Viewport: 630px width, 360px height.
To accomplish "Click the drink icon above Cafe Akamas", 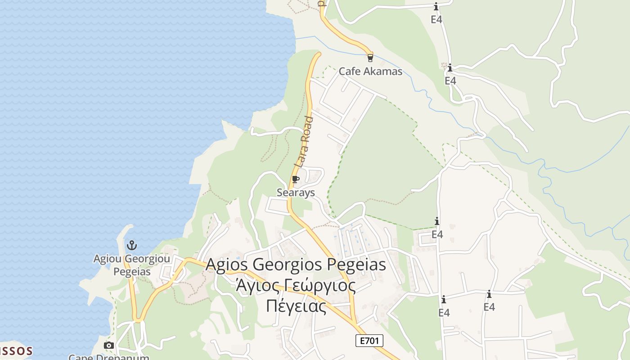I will (370, 58).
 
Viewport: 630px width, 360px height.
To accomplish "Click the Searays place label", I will (296, 193).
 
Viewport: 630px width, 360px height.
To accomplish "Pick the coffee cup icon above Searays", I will (295, 180).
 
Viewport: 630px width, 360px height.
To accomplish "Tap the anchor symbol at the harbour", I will (131, 245).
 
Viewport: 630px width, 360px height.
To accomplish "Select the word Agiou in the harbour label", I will (108, 259).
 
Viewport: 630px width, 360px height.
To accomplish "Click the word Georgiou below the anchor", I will (147, 259).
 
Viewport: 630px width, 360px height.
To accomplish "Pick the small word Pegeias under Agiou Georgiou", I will (131, 272).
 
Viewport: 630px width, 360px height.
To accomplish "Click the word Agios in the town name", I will (227, 264).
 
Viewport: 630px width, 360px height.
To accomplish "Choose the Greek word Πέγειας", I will (296, 306).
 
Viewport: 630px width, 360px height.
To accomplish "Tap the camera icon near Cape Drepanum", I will (108, 345).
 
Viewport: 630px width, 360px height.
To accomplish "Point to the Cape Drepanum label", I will (108, 357).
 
